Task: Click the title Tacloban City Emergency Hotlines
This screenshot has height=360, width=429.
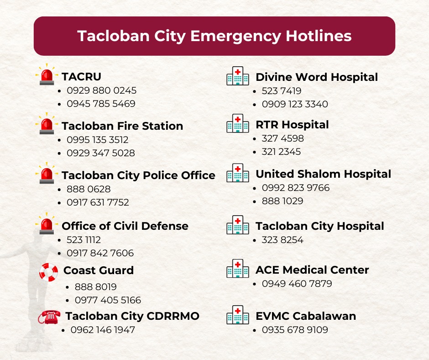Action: pyautogui.click(x=214, y=36)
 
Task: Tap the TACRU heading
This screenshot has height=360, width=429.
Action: pyautogui.click(x=81, y=77)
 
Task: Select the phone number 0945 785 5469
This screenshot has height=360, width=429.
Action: pyautogui.click(x=101, y=104)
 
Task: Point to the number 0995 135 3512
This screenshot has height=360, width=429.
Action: pyautogui.click(x=97, y=140)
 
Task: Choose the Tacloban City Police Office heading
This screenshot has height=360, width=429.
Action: pyautogui.click(x=138, y=175)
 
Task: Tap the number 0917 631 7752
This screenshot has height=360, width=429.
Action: pyautogui.click(x=98, y=202)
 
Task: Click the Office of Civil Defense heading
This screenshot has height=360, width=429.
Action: pyautogui.click(x=125, y=226)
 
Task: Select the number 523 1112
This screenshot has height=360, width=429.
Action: pyautogui.click(x=84, y=240)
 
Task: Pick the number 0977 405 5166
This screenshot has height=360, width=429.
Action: pyautogui.click(x=108, y=300)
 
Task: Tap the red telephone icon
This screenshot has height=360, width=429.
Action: pyautogui.click(x=49, y=317)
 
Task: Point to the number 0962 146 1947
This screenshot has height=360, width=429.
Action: pyautogui.click(x=103, y=329)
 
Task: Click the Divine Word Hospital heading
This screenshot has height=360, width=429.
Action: pyautogui.click(x=317, y=77)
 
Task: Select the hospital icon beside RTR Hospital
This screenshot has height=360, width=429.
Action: pyautogui.click(x=238, y=123)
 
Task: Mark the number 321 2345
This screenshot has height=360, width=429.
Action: pyautogui.click(x=281, y=152)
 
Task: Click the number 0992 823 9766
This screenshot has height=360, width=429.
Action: pyautogui.click(x=295, y=188)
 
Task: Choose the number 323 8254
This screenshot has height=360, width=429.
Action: pyautogui.click(x=283, y=240)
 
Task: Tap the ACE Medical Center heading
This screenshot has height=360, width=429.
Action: pyautogui.click(x=312, y=270)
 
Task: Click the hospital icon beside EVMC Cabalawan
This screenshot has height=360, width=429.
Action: pyautogui.click(x=238, y=315)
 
